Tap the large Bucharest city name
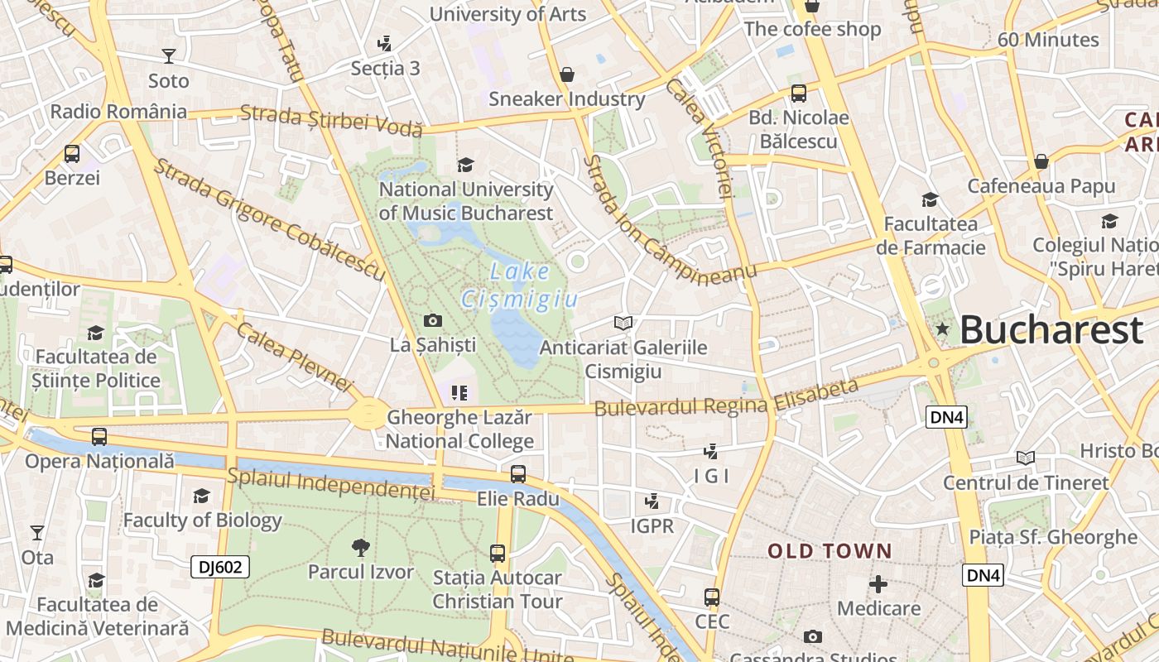tap(1051, 330)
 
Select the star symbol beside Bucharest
tap(942, 329)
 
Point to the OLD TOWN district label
tap(830, 551)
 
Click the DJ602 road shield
tap(220, 567)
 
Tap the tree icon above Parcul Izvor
tap(360, 547)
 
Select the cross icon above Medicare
tap(878, 584)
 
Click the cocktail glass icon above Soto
tap(169, 56)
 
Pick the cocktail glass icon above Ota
tap(37, 533)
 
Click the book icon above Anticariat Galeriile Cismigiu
tap(623, 323)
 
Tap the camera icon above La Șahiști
tap(432, 320)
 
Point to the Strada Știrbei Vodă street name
tap(331, 121)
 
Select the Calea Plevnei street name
tap(294, 357)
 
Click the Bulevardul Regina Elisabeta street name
tap(727, 399)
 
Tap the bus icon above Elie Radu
tap(518, 474)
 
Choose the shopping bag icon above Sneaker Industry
tap(567, 74)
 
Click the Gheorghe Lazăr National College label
tap(459, 429)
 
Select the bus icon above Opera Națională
tap(99, 436)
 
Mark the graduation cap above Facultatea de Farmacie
tap(931, 199)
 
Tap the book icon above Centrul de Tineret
tap(1026, 458)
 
